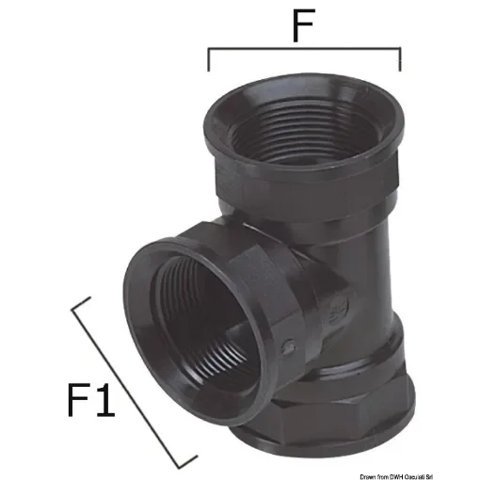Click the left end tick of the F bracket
click(208, 60)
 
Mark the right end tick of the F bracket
click(400, 60)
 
